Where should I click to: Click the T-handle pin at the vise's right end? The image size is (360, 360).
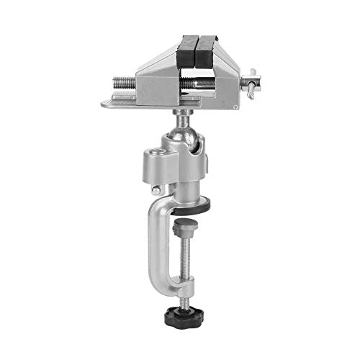pyautogui.click(x=252, y=81)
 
